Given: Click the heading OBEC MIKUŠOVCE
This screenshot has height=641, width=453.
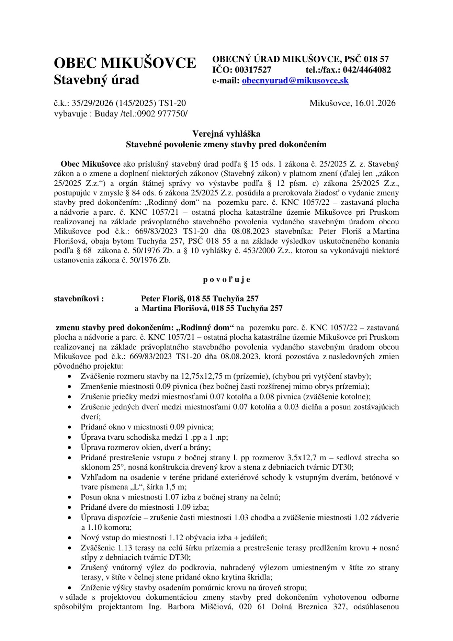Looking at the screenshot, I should point(125,63).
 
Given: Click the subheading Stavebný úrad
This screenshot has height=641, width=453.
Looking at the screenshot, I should point(96,80).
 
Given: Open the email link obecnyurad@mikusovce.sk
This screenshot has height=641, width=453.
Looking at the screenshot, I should point(295,81).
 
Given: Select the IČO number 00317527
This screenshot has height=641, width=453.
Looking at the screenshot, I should point(253,70).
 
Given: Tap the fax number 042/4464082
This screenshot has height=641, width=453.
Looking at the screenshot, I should point(367,70).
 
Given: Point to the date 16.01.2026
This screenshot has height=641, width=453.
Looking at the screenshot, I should point(375,103).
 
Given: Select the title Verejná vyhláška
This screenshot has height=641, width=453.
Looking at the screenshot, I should point(226,134).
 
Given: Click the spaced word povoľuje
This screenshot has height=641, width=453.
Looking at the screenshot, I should point(226,279).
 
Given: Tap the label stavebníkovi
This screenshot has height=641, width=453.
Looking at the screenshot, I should point(79,299).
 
